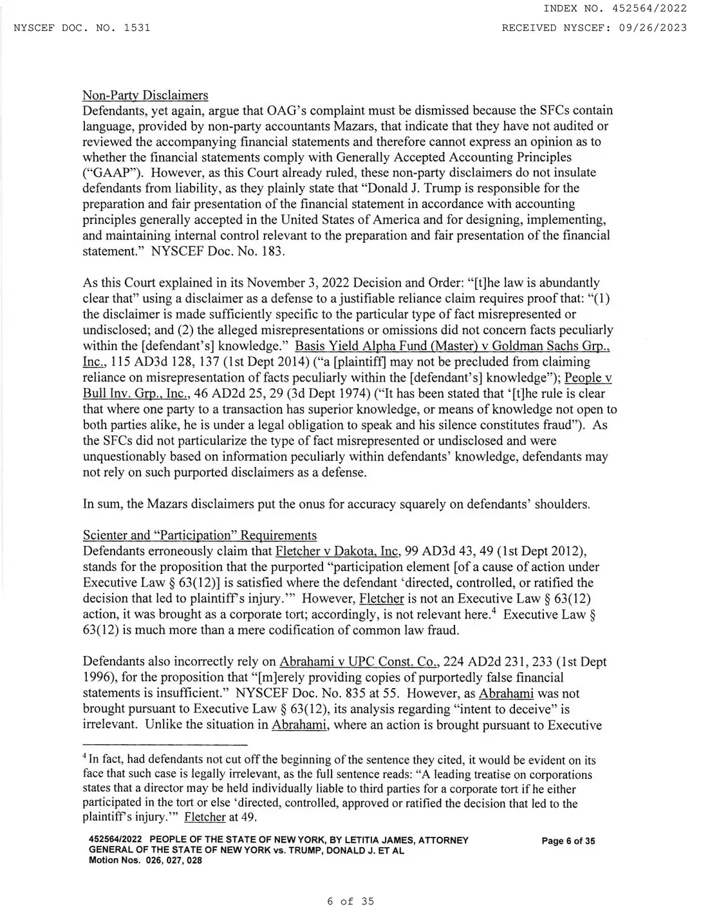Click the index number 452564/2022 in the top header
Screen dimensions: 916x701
coord(651,8)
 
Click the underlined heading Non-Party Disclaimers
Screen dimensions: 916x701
coord(145,95)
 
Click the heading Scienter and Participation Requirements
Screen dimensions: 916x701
coord(200,536)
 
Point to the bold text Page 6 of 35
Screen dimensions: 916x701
coord(568,841)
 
